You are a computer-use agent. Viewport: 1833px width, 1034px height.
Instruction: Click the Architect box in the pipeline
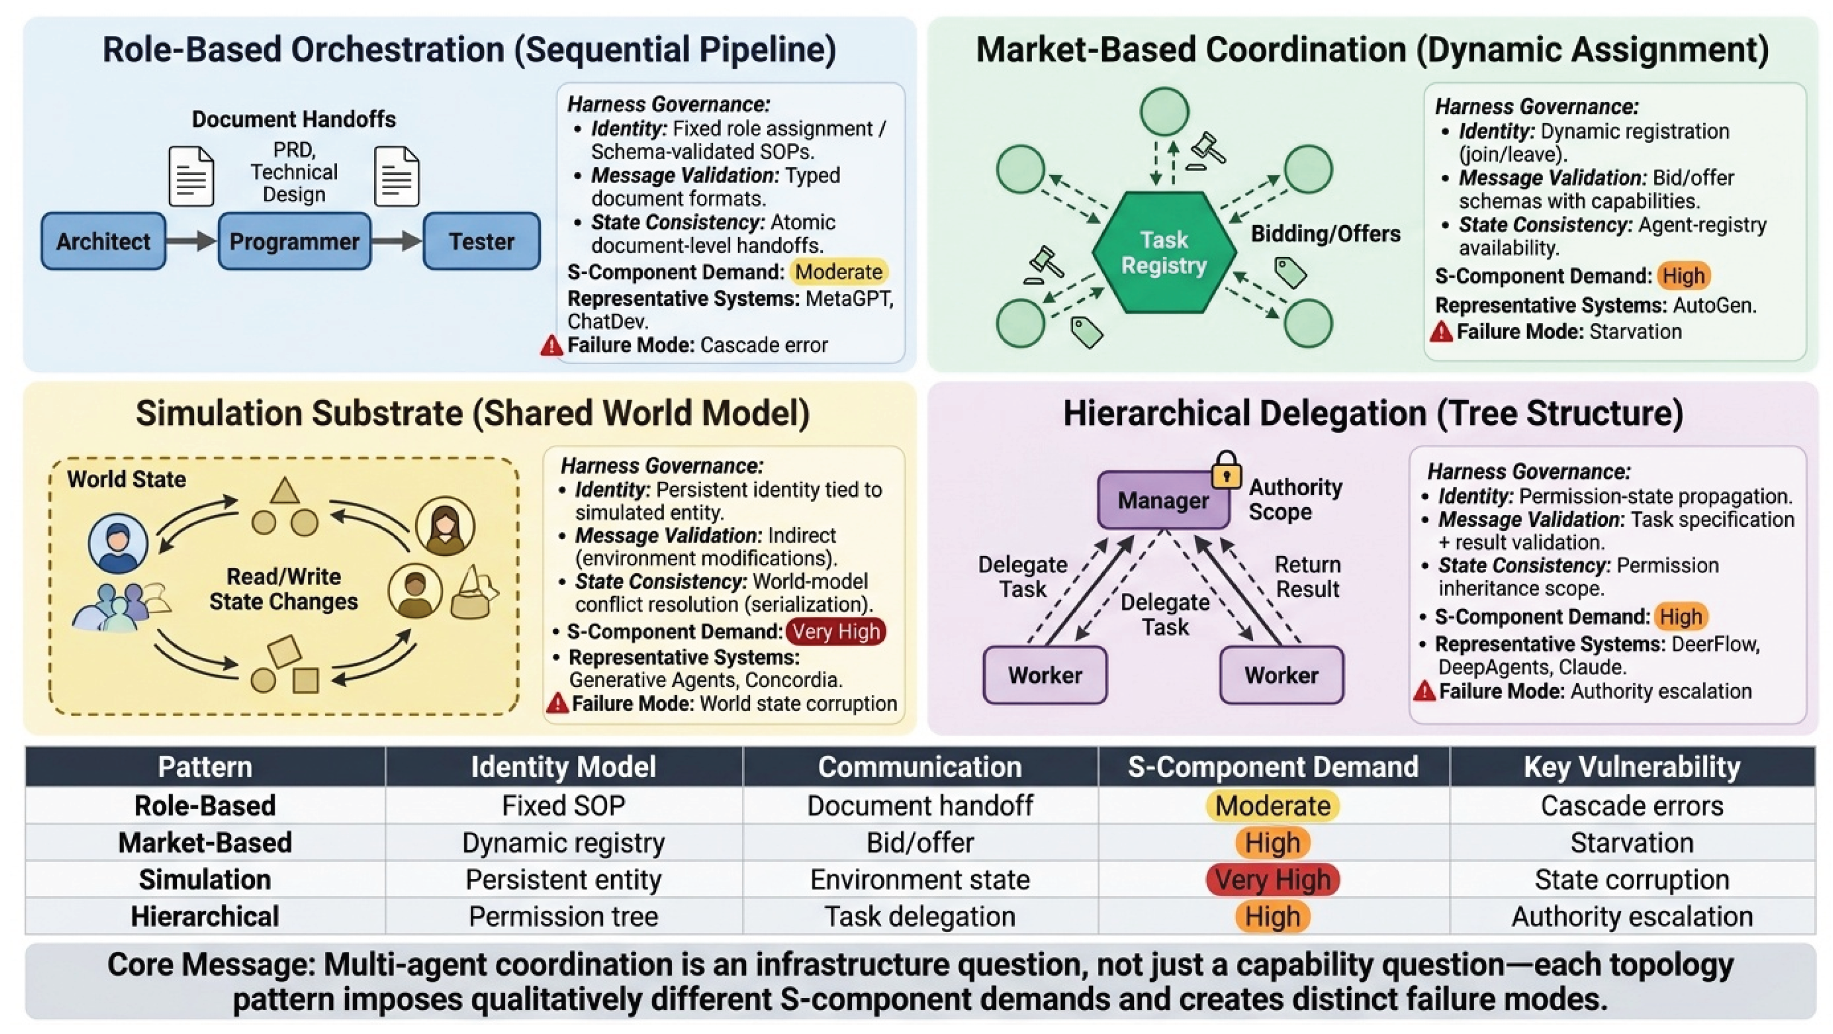pos(103,241)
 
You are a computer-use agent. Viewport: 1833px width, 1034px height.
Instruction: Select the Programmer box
pos(294,241)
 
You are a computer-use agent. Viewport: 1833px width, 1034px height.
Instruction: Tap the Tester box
pos(482,241)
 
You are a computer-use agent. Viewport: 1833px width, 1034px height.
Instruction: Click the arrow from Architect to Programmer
pos(191,241)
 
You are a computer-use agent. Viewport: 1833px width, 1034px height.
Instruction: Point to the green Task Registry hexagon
pos(1164,252)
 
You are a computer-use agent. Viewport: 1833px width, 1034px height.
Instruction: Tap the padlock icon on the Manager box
pos(1226,470)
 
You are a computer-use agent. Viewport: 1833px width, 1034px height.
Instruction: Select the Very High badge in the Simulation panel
pos(836,631)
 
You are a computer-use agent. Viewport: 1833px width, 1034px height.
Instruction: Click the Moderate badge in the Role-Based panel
pos(838,272)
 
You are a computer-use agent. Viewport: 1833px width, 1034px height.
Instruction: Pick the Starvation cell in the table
pos(1632,843)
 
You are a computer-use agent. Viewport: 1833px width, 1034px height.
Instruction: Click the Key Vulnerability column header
pos(1632,767)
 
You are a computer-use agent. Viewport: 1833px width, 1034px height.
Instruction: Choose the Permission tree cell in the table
pos(563,916)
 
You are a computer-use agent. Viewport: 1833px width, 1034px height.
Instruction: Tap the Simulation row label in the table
pos(205,880)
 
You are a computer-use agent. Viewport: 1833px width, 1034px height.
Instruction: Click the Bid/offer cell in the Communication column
pos(919,843)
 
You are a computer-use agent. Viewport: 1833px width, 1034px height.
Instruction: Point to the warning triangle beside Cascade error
pos(551,346)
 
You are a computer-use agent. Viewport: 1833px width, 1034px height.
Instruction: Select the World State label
pos(127,480)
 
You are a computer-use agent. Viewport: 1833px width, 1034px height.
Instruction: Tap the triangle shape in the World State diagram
pos(285,492)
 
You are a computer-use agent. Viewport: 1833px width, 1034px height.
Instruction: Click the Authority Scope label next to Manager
pos(1295,499)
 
